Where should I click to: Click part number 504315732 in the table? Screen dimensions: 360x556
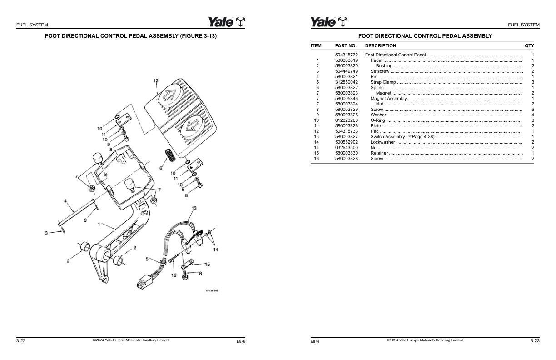pos(346,55)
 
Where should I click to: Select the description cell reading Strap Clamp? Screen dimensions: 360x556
pos(383,82)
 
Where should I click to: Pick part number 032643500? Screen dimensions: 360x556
pos(346,148)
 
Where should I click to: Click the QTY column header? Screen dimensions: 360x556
pos(529,46)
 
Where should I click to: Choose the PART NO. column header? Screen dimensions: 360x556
pos(346,46)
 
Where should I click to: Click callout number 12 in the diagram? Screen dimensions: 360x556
pos(156,81)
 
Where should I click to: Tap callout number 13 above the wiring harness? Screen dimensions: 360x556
pos(194,208)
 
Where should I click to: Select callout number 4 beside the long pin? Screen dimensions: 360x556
pos(65,201)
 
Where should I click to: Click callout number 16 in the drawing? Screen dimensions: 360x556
pos(174,275)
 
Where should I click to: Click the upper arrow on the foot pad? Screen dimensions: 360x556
pos(171,95)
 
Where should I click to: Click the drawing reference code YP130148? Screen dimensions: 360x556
pos(212,291)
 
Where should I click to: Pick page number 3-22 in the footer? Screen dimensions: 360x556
pos(21,341)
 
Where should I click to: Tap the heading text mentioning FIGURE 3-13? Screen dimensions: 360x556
pos(131,36)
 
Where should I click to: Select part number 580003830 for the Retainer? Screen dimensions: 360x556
pos(346,153)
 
